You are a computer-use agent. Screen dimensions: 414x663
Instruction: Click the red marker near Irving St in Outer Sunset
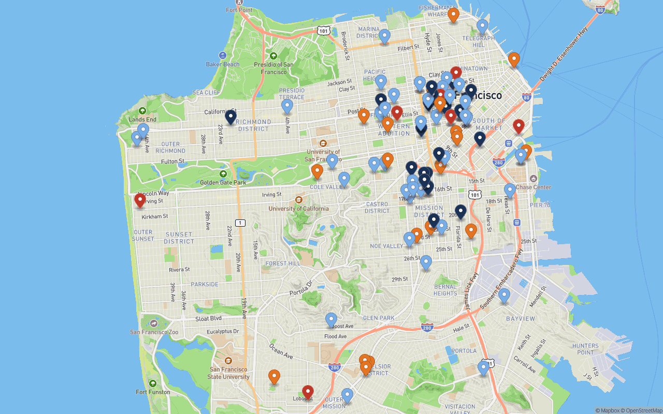click(x=139, y=200)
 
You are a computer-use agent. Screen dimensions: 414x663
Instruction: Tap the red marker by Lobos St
click(x=308, y=392)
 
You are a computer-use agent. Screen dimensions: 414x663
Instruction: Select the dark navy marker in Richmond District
click(x=230, y=116)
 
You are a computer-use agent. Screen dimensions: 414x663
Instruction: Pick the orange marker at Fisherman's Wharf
click(x=453, y=14)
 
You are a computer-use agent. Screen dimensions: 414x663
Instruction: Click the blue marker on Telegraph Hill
click(x=482, y=26)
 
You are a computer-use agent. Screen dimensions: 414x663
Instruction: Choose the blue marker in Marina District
click(x=384, y=36)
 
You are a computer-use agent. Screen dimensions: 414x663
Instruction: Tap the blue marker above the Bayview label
click(x=504, y=295)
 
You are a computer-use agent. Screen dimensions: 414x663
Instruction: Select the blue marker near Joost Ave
click(x=331, y=320)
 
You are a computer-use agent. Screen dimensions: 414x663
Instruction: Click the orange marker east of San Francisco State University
click(x=275, y=377)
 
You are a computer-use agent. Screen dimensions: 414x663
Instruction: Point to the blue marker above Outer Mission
click(x=347, y=395)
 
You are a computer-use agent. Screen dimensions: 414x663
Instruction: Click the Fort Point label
click(x=239, y=10)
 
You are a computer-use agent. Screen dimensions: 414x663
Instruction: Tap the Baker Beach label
click(x=223, y=64)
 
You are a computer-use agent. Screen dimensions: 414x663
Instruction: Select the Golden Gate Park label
click(x=223, y=182)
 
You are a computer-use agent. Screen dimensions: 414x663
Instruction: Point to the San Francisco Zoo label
click(x=154, y=332)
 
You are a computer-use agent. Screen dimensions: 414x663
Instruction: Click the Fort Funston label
click(x=153, y=392)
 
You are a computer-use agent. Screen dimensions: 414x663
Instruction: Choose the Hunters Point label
click(x=585, y=349)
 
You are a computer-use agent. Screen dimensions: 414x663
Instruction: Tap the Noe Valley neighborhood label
click(x=386, y=246)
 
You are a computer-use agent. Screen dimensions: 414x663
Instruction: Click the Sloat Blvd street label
click(x=209, y=318)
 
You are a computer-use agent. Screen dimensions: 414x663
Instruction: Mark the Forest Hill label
click(x=283, y=263)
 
